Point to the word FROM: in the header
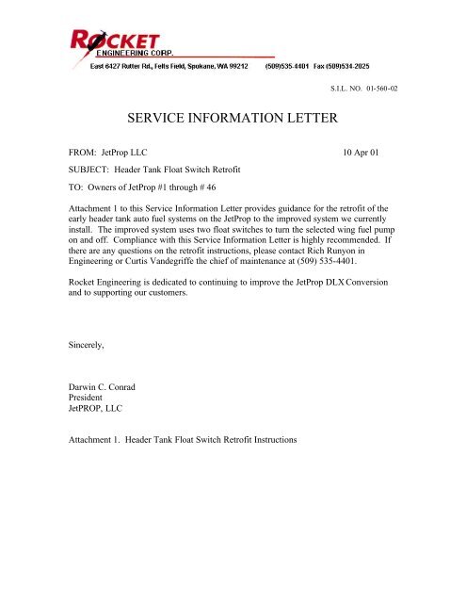coord(88,152)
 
